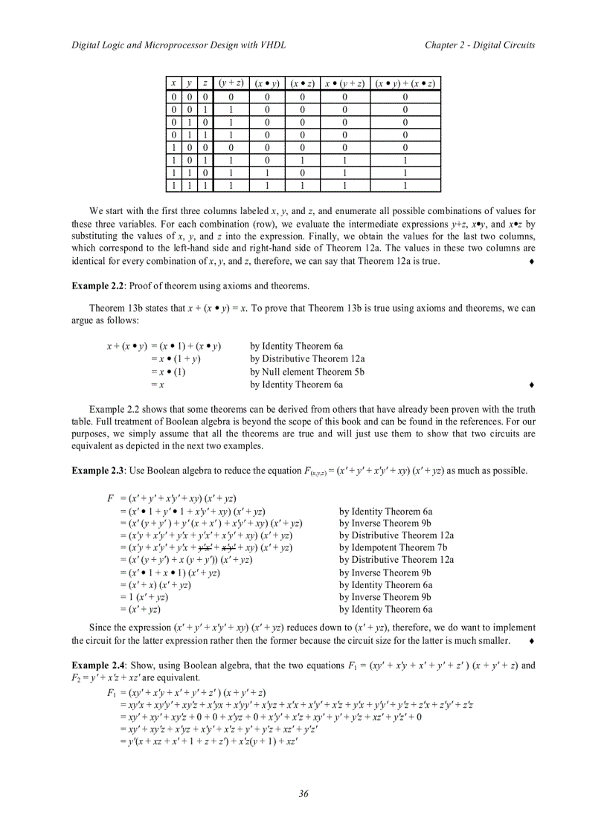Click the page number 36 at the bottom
coord(303,794)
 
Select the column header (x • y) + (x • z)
coord(405,83)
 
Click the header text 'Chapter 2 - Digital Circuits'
coord(480,45)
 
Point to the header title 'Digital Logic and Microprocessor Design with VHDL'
coord(178,45)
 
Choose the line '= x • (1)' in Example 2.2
coord(167,372)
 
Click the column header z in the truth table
coord(205,83)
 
